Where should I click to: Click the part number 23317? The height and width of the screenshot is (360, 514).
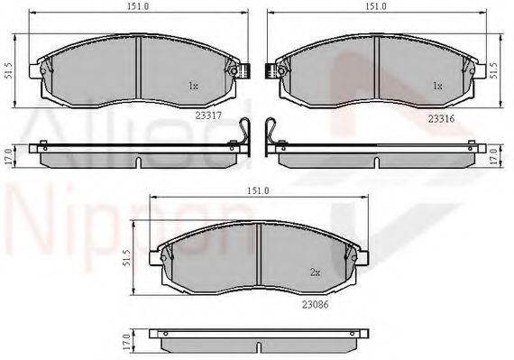[208, 115]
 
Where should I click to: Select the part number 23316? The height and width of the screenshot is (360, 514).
[441, 119]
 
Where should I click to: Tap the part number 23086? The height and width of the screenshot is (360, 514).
[315, 305]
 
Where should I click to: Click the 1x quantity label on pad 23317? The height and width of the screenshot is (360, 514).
[193, 86]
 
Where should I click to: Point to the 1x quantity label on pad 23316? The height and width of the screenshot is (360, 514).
[437, 86]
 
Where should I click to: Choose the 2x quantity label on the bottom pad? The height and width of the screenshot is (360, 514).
[315, 272]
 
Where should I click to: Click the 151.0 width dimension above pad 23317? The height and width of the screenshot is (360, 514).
[138, 6]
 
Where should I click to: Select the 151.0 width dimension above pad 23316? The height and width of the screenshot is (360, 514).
[376, 6]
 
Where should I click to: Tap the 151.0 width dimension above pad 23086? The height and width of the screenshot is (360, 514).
[258, 190]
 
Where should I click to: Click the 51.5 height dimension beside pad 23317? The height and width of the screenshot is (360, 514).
[9, 70]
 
